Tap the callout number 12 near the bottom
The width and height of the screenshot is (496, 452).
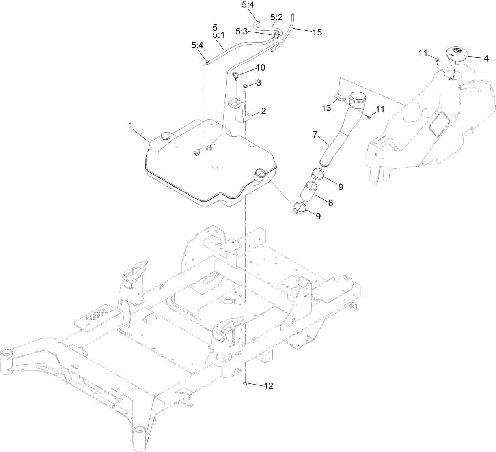coord(268,387)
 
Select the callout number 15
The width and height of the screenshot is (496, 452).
coord(317,33)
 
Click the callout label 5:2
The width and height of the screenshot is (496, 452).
coord(276,17)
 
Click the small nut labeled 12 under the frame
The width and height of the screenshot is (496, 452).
coord(246,383)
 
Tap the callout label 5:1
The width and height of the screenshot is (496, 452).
coord(218,35)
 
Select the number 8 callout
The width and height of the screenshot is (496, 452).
coord(330,203)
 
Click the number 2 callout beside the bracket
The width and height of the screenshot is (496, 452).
coord(263,111)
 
